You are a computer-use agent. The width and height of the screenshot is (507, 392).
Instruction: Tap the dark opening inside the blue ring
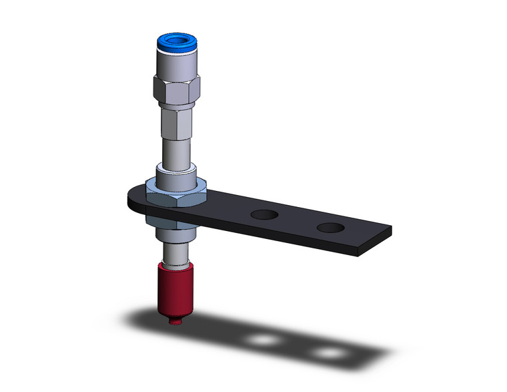point(175,43)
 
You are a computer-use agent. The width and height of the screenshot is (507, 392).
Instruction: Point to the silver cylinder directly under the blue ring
point(175,66)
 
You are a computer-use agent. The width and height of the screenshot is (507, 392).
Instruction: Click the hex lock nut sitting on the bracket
point(176,195)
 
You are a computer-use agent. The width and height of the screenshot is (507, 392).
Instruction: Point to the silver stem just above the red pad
point(175,252)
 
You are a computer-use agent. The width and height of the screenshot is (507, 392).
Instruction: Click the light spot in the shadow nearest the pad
point(262,341)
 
